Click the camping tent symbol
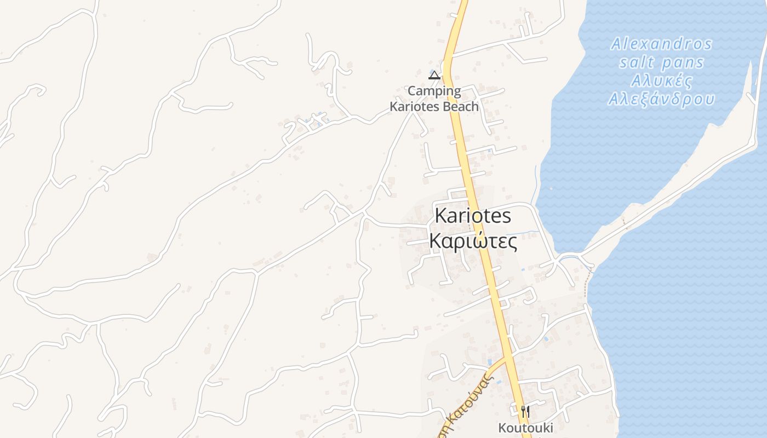click(x=434, y=75)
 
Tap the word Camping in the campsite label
click(x=434, y=91)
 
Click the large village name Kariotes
click(x=473, y=216)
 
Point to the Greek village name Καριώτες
click(x=473, y=241)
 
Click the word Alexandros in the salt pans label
click(x=661, y=44)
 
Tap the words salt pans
click(x=661, y=62)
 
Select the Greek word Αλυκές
click(x=661, y=81)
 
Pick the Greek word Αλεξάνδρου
click(x=661, y=100)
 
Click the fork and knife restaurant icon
click(x=525, y=411)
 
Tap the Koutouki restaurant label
click(x=525, y=428)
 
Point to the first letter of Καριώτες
click(x=436, y=241)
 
